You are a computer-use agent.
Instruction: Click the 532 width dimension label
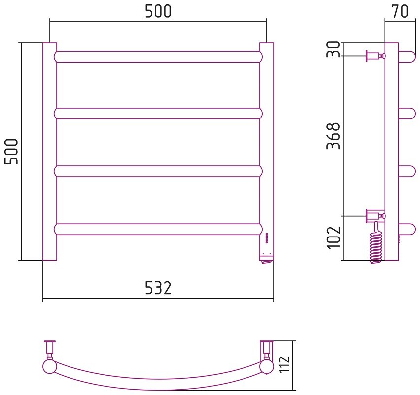[x=158, y=288]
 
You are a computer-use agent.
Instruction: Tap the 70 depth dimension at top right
[x=400, y=11]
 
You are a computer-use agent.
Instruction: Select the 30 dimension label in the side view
[x=333, y=49]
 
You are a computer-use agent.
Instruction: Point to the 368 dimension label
[x=333, y=136]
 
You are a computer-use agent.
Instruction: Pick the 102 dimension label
[x=334, y=238]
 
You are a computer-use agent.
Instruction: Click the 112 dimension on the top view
[x=284, y=364]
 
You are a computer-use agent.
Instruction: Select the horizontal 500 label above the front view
[x=158, y=11]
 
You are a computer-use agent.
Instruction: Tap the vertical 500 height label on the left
[x=11, y=152]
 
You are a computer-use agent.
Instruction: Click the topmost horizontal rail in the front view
[x=158, y=57]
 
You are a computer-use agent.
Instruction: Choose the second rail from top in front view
[x=158, y=114]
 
